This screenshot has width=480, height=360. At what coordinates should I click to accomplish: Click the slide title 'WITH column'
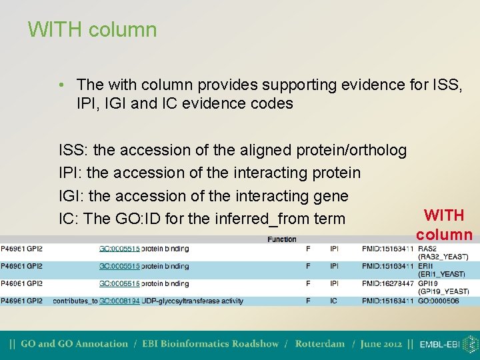[93, 30]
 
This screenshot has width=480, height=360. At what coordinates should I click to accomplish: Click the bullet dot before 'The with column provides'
[61, 85]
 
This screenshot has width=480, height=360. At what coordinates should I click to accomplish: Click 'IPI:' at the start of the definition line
[71, 173]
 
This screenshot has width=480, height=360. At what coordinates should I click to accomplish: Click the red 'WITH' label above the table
[444, 215]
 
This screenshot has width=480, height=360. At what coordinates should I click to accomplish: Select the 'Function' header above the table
[282, 239]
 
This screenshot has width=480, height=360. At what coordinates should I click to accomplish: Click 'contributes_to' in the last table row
[75, 301]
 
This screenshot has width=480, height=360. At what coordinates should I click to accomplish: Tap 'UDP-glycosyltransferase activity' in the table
[193, 301]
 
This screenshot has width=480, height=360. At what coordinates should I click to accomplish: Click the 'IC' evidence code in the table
[333, 301]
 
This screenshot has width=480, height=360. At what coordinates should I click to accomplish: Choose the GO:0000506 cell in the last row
[439, 301]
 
